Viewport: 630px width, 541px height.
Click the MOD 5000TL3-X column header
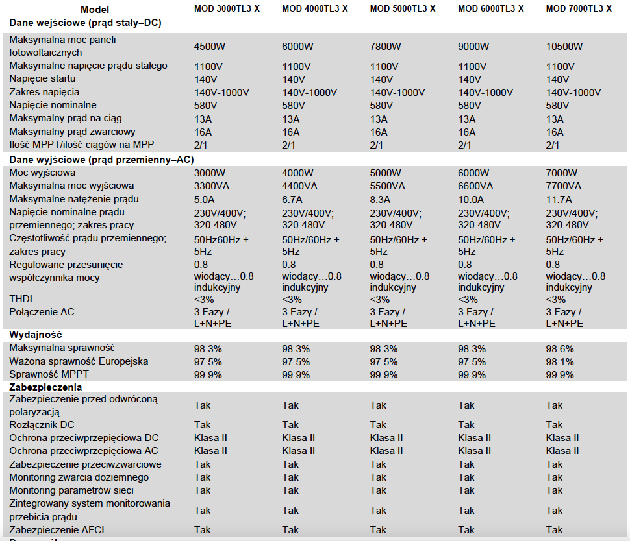(x=403, y=9)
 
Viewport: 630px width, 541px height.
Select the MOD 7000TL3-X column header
(x=579, y=9)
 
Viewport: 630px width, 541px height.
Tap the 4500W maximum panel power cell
(x=210, y=47)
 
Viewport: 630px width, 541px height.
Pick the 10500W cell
(x=564, y=47)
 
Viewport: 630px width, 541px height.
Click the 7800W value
(x=385, y=47)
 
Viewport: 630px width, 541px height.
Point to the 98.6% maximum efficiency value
(x=560, y=349)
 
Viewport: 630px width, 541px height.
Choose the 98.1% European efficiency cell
(x=560, y=361)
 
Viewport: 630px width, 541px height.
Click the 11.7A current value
(x=559, y=199)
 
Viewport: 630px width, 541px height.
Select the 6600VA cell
(x=475, y=186)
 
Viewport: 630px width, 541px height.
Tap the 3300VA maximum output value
(x=212, y=186)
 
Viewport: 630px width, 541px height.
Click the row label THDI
(x=21, y=299)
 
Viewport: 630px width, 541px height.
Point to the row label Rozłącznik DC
(x=42, y=425)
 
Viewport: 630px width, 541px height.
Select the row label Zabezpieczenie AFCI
(x=57, y=530)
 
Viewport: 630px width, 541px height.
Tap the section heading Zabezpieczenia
(x=45, y=387)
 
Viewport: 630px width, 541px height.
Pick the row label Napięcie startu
(x=42, y=78)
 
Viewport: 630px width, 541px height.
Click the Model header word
(x=95, y=10)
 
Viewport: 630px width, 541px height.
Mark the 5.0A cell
(x=205, y=199)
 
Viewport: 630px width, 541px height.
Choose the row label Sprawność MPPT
(x=49, y=374)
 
